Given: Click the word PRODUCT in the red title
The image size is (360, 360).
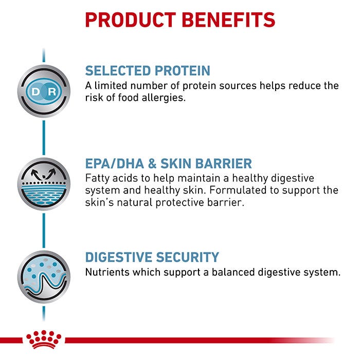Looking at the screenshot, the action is point(131,20).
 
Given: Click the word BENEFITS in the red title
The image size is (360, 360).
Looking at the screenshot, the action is point(228,20).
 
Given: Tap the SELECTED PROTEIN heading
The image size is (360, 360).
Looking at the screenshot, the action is point(148,70).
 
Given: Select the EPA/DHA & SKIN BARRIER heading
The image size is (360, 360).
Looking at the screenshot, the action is point(169,164).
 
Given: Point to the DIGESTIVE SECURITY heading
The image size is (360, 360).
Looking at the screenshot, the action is point(152,257).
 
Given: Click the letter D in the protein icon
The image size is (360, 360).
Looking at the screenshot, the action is point(35,92).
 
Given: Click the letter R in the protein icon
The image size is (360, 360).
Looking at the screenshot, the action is point(52,92).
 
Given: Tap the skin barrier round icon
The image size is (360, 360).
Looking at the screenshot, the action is point(44,184).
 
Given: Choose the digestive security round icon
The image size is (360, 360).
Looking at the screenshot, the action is point(44,277).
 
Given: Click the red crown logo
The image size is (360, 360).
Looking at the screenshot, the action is point(44,339).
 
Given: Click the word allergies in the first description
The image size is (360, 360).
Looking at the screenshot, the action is point(164,98).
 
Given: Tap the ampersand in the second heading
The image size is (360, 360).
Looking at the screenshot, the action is point(152,164).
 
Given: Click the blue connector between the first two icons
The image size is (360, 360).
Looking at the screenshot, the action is point(44,138).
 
